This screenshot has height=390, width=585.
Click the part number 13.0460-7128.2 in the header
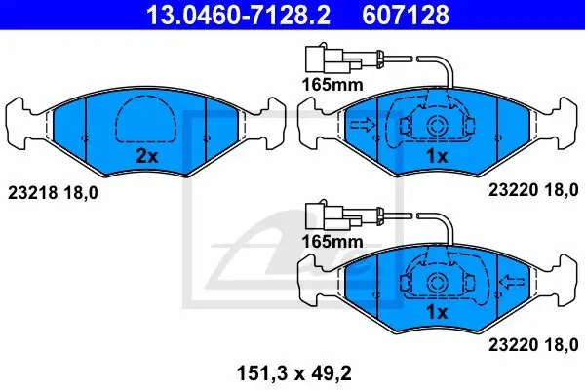[238, 15]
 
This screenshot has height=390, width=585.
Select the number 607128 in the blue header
[406, 15]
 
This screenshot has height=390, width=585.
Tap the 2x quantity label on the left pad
[147, 156]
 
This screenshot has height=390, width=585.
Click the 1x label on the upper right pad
[437, 156]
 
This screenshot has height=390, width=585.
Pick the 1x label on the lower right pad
[437, 312]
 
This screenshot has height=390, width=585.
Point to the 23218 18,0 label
[53, 193]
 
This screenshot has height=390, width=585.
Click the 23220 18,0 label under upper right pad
[533, 190]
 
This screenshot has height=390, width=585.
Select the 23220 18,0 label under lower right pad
[533, 345]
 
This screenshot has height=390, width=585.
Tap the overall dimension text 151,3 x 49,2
[294, 373]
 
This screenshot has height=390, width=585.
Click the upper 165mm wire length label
[332, 85]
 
